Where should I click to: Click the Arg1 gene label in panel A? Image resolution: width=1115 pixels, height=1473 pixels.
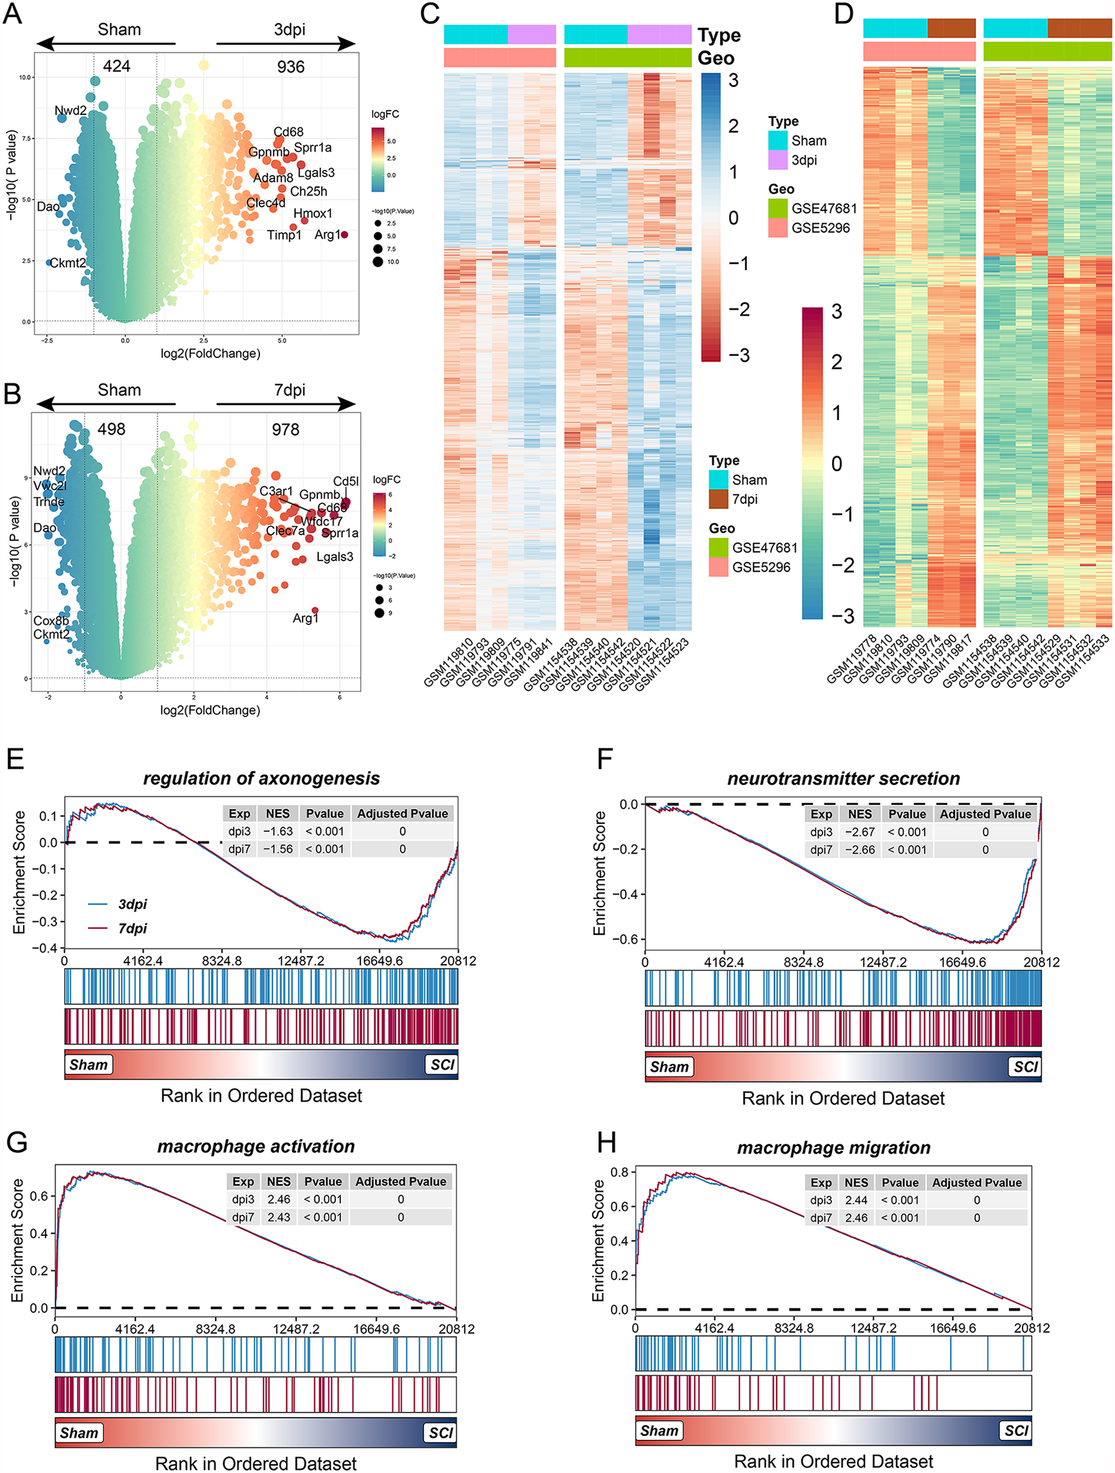326,235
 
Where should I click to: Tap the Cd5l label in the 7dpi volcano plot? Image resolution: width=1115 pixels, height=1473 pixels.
345,481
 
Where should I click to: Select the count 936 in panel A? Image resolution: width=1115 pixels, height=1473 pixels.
291,67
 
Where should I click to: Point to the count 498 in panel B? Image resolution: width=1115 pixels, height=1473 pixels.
111,430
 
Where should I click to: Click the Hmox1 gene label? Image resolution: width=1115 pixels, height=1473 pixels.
312,214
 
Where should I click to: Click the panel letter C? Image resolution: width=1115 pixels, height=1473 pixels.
430,13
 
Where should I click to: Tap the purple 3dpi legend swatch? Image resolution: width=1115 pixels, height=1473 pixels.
777,160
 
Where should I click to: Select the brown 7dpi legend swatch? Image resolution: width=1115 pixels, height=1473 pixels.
718,499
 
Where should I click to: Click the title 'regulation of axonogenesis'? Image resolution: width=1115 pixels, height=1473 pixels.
261,778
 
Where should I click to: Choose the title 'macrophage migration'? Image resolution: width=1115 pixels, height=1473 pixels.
833,1147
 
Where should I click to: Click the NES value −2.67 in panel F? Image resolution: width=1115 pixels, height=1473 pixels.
859,832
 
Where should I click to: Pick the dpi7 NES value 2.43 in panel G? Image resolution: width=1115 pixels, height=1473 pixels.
278,1217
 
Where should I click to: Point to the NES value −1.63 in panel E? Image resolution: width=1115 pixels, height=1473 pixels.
277,831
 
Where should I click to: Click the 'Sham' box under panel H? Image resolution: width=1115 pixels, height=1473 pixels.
659,1431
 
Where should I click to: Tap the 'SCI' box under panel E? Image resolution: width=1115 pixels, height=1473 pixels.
442,1064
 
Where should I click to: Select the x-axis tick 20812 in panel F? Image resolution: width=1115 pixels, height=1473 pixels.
1042,962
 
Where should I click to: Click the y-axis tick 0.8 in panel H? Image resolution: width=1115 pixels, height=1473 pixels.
619,1172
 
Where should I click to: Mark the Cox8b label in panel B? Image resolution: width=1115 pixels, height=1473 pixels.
51,621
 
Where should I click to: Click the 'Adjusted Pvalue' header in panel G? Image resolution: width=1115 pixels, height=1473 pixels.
400,1181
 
